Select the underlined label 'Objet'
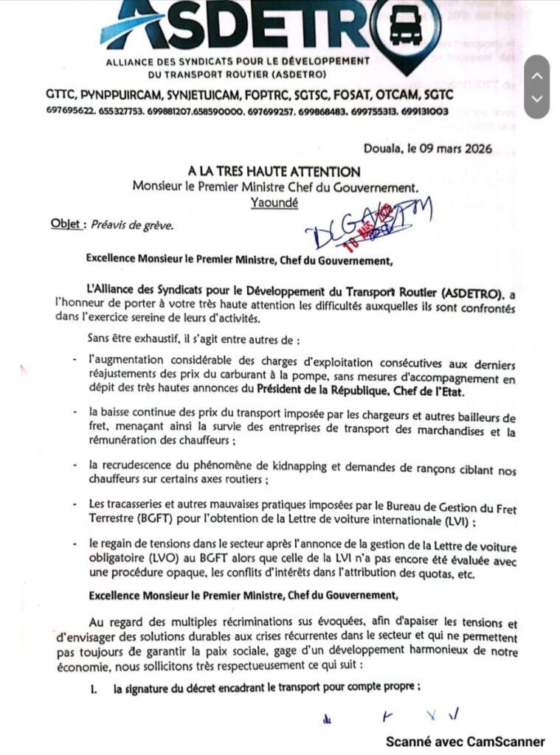tap(66, 224)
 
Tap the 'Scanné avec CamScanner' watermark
tap(465, 741)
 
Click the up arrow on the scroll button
tap(537, 74)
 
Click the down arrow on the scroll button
tap(537, 98)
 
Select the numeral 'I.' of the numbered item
tap(94, 689)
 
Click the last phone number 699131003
tap(424, 111)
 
